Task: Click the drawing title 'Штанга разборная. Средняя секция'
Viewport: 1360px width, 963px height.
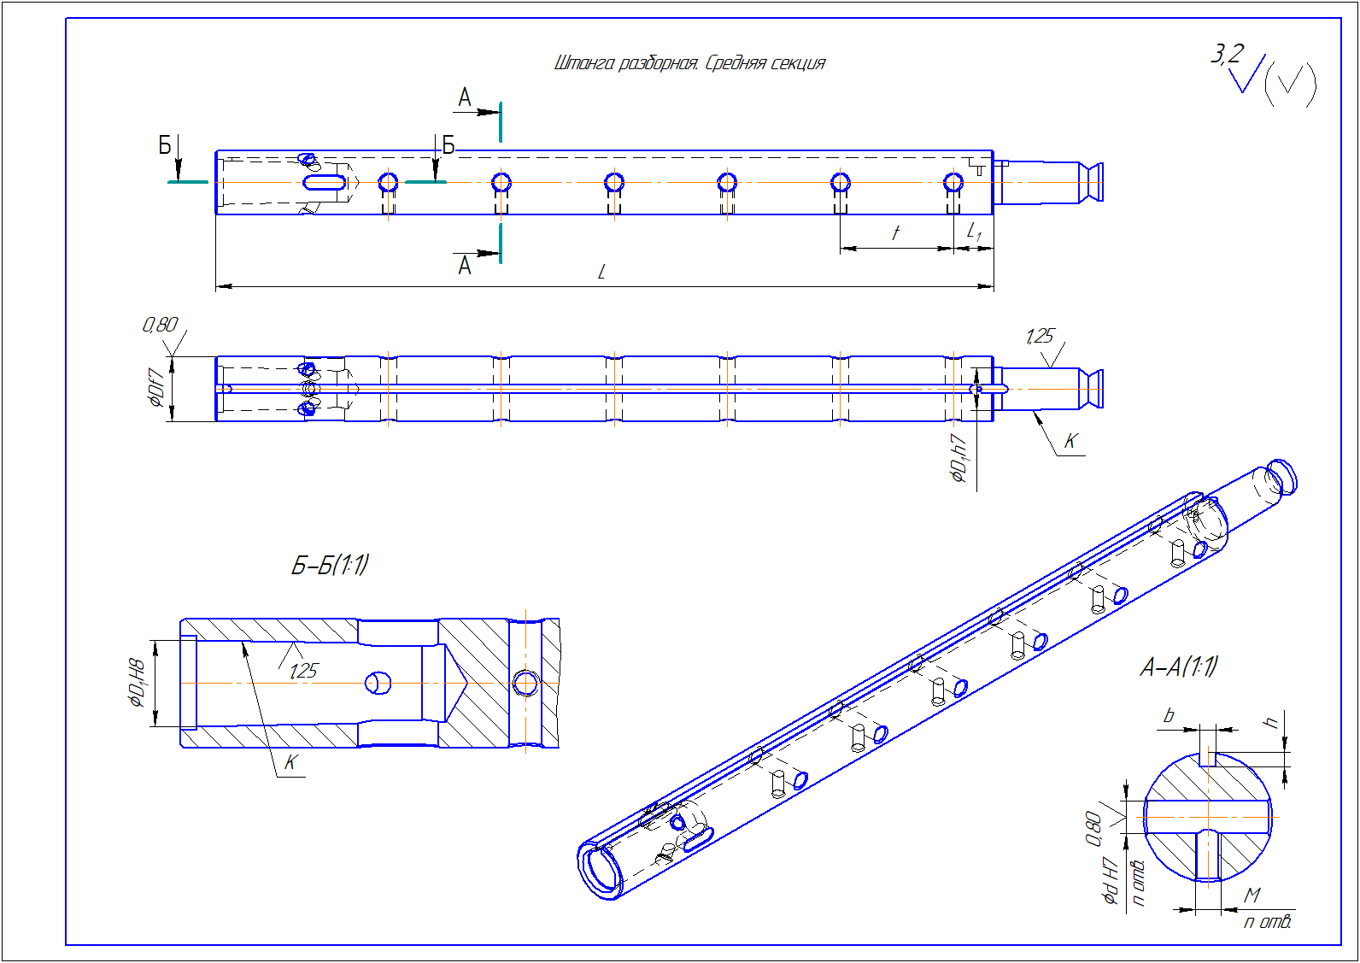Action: (x=689, y=63)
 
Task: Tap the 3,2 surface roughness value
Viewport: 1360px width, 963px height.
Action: (x=1227, y=55)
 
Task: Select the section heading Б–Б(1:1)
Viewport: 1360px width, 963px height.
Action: (x=330, y=565)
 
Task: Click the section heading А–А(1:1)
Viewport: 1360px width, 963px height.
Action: (x=1179, y=666)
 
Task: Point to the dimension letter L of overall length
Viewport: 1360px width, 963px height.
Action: (x=601, y=273)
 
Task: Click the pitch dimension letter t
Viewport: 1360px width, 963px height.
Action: (x=895, y=232)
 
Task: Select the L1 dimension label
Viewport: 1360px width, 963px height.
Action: (x=974, y=232)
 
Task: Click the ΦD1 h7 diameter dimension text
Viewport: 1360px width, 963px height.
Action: (x=959, y=458)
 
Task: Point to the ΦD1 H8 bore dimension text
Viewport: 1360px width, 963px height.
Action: (x=137, y=683)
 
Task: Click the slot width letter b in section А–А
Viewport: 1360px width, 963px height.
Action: (x=1169, y=715)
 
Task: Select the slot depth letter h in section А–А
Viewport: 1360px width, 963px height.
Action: (x=1272, y=722)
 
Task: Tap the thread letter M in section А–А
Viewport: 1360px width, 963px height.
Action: (x=1252, y=895)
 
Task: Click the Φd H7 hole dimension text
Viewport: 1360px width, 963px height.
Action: (x=1111, y=880)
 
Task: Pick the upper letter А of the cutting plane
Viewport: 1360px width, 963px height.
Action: (x=465, y=97)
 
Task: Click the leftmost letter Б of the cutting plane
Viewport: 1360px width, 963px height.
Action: (x=165, y=145)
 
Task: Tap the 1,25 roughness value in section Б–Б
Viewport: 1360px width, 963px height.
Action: (x=303, y=671)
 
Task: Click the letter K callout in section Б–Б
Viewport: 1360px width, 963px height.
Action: (x=290, y=762)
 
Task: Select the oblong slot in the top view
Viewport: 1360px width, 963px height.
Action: (x=325, y=182)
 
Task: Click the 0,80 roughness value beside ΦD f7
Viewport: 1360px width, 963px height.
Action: (x=160, y=325)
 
